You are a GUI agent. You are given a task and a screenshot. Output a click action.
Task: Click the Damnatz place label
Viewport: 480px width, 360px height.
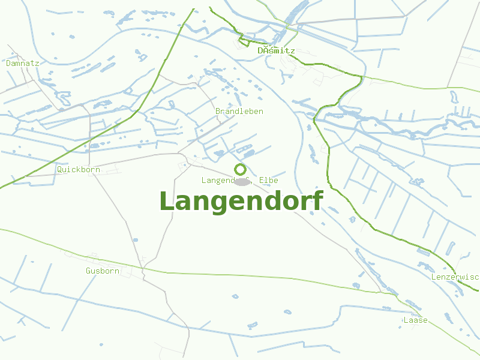tap(22, 63)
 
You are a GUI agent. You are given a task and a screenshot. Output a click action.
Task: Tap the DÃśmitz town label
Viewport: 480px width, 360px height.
tap(276, 51)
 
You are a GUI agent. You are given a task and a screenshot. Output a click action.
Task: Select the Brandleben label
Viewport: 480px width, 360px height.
tap(239, 112)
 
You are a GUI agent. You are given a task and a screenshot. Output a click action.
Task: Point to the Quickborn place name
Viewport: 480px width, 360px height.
tap(78, 170)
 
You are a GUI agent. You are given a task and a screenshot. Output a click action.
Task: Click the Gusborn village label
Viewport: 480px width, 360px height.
tap(102, 271)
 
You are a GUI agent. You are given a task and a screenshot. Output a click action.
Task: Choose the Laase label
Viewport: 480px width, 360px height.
tap(415, 320)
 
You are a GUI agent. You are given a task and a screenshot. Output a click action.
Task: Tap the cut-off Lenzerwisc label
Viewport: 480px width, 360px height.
tap(455, 277)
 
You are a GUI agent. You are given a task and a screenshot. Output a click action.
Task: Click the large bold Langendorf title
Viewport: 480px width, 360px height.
tap(241, 202)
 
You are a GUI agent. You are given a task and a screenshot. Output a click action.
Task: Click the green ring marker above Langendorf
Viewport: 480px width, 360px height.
tap(240, 169)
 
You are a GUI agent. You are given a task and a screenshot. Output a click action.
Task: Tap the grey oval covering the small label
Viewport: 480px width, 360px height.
tap(242, 181)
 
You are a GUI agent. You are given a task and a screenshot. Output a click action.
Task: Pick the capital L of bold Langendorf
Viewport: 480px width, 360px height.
tap(167, 201)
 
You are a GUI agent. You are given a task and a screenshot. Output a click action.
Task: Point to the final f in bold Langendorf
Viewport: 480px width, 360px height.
tap(317, 200)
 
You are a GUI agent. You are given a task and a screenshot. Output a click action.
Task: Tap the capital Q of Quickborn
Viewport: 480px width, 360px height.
tap(59, 170)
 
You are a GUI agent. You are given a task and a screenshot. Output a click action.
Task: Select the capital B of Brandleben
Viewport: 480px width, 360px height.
tap(218, 112)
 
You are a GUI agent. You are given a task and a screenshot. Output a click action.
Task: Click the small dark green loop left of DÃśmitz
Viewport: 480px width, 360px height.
tap(244, 41)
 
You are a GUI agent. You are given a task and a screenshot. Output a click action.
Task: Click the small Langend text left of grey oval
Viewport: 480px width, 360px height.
tap(216, 181)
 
